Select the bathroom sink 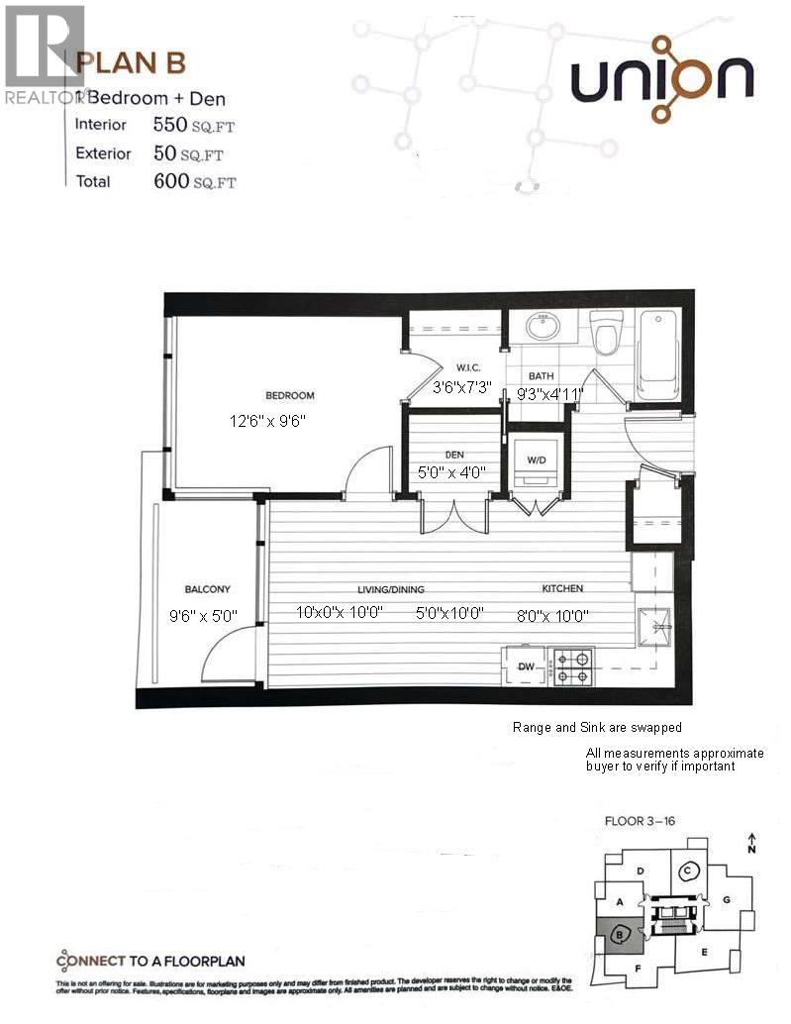click(x=543, y=326)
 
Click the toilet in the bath click(x=605, y=331)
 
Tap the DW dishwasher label click(x=526, y=667)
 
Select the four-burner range click(x=573, y=666)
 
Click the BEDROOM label click(x=289, y=396)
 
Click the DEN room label click(x=454, y=455)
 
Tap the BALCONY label click(x=207, y=589)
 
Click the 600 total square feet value click(x=172, y=181)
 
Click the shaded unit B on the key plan click(x=620, y=933)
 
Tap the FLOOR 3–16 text click(x=640, y=821)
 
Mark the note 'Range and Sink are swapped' click(x=596, y=727)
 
